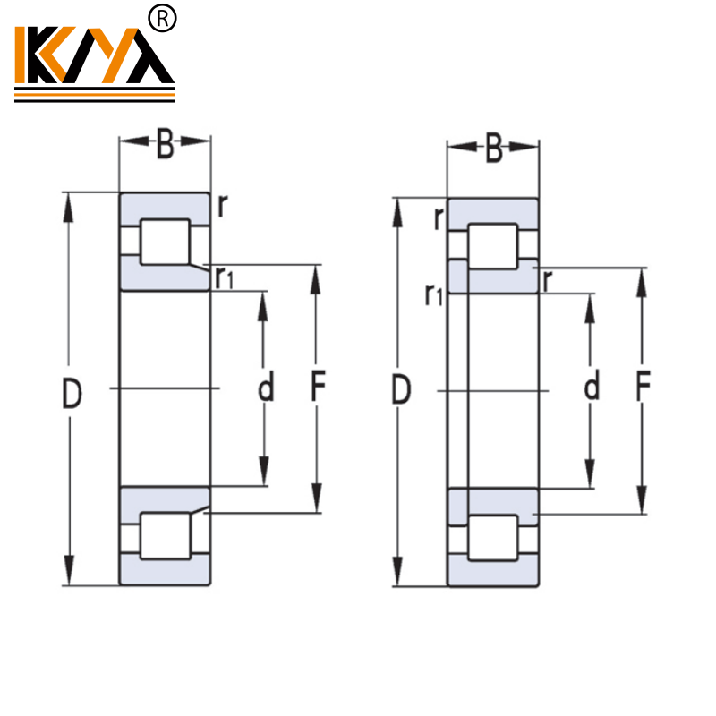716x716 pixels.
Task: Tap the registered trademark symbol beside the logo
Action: tap(163, 18)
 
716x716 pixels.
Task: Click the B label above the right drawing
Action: tap(494, 149)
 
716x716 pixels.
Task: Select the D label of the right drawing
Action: tap(402, 391)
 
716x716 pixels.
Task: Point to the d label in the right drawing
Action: tap(592, 388)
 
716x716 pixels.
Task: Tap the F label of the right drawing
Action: tap(643, 389)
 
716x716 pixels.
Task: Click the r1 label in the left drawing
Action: tap(224, 278)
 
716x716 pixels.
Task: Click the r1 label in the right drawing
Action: tap(433, 294)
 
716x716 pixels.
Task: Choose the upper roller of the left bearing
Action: tap(166, 242)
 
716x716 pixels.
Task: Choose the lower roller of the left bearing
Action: tap(166, 536)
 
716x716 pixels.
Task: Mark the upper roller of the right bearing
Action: tap(493, 246)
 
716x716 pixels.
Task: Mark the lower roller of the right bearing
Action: tap(493, 539)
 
